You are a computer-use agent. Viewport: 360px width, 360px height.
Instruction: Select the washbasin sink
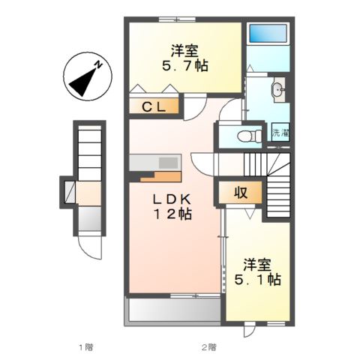tap(278, 91)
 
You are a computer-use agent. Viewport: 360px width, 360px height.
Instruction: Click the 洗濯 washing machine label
tap(280, 134)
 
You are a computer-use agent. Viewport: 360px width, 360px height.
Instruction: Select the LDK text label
tap(173, 199)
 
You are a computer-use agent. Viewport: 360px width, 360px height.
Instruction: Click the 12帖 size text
tap(173, 214)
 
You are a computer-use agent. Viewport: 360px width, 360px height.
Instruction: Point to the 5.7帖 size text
tap(183, 66)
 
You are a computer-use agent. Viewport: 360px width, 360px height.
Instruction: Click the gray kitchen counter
tap(154, 163)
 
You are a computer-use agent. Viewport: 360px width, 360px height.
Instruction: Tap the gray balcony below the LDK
tap(174, 308)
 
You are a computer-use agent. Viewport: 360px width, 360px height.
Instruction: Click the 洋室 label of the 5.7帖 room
tap(184, 51)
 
